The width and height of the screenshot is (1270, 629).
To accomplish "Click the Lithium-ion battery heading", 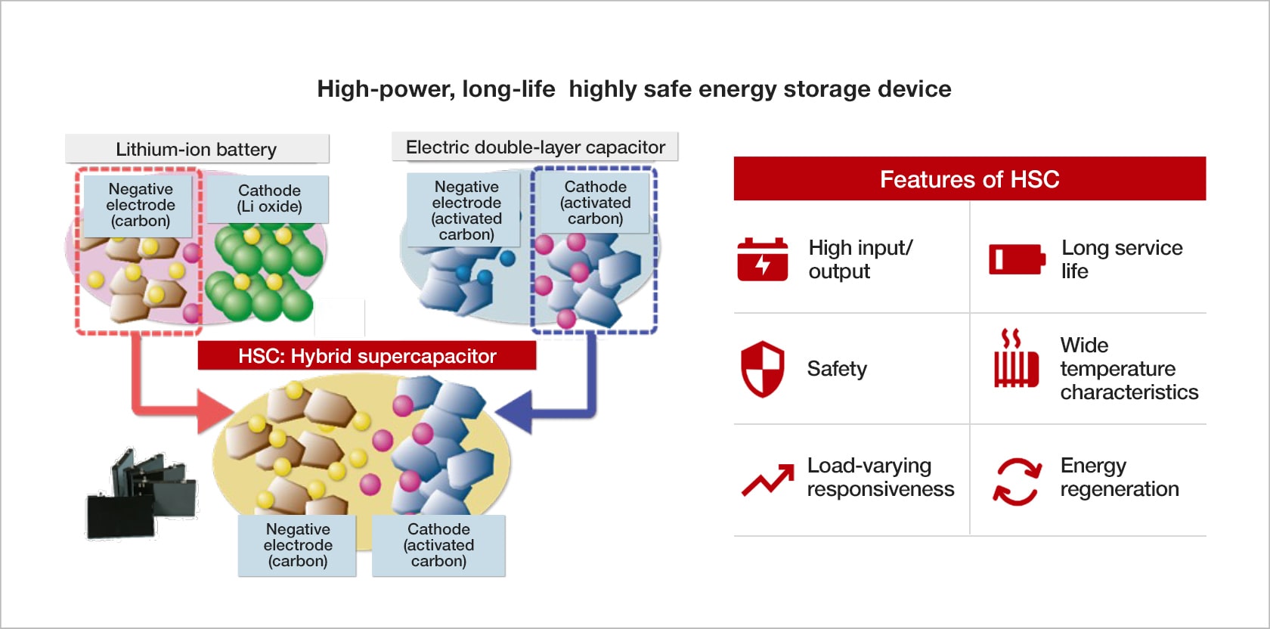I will coord(197,149).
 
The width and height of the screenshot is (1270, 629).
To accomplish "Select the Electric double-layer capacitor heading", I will coord(535,147).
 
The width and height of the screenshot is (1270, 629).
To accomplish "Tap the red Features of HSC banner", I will coord(969,179).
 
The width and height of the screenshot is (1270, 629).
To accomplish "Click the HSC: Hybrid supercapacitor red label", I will coord(367,356).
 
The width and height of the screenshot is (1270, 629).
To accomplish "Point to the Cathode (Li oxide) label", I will coord(269,199).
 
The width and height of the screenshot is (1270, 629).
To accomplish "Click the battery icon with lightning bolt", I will coord(762,259).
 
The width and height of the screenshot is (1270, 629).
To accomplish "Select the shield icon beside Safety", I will coord(762,369).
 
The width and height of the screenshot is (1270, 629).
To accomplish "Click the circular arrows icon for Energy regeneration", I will coord(1016,481).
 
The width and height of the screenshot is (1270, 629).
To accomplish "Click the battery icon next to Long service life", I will coord(1017,259).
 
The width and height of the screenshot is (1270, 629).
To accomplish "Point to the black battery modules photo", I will coord(142,495).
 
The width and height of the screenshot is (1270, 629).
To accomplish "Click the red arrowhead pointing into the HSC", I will coord(215,412).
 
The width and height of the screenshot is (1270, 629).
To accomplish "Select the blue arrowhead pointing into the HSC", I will coord(516,413).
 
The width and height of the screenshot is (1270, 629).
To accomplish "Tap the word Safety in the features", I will coord(837,369).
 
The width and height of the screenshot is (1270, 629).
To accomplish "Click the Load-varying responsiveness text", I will coord(880,477).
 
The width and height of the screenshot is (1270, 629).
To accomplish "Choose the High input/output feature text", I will coord(860,259).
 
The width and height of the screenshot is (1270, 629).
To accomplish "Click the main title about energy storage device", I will coord(633,89).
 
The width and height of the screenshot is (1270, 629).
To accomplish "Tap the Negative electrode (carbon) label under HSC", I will coord(297,545).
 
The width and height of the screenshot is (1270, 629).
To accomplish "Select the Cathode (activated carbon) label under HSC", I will coord(438,545).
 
